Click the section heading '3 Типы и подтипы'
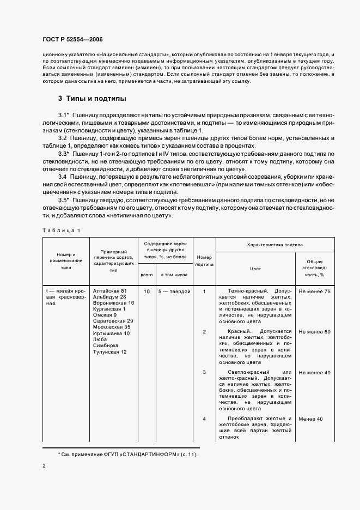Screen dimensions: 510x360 click(x=92, y=99)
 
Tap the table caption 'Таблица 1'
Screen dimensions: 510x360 click(x=61, y=230)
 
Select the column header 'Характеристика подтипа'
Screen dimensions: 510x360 click(x=275, y=245)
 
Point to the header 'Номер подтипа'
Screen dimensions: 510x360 click(x=204, y=260)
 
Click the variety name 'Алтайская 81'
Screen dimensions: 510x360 click(x=110, y=292)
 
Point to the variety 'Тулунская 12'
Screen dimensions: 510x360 click(x=110, y=352)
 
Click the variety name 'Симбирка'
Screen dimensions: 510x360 click(x=105, y=346)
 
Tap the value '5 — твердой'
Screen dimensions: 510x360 click(x=174, y=292)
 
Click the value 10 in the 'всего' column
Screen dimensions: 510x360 click(x=147, y=292)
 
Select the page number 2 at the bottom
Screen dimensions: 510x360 click(x=44, y=466)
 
